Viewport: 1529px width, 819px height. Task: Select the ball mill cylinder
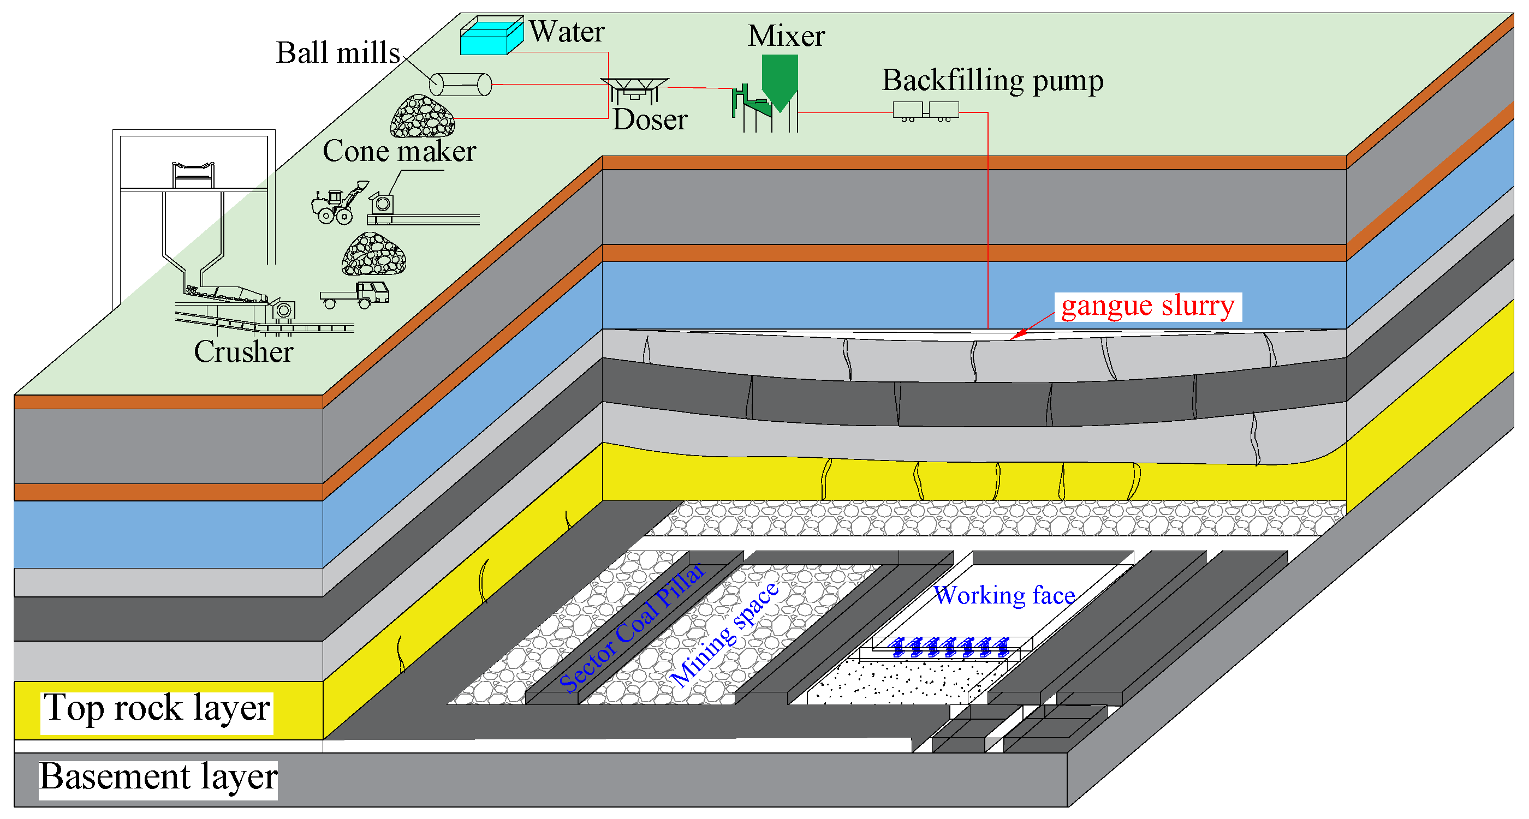pos(461,84)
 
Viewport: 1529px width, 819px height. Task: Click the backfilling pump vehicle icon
pos(925,111)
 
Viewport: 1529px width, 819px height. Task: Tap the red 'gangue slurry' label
pos(1147,307)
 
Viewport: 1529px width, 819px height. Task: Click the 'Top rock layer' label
pos(157,709)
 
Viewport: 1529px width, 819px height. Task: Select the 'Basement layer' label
pos(158,778)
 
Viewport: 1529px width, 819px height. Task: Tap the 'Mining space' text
pos(725,635)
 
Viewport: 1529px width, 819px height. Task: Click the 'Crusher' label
pos(243,351)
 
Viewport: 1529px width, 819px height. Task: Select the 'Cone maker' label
pos(399,151)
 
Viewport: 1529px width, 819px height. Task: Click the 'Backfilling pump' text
pos(992,81)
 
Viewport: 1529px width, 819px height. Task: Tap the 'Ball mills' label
pos(338,53)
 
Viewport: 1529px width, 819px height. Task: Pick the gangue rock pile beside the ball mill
pos(422,117)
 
